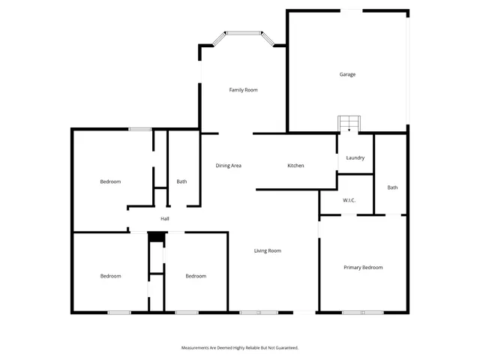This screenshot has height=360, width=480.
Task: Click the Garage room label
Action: (x=347, y=74)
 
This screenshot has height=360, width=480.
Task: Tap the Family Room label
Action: (x=243, y=90)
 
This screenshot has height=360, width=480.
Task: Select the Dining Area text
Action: (x=228, y=165)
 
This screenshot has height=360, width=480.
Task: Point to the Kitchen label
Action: (x=295, y=165)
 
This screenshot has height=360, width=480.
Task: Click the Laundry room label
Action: (x=355, y=157)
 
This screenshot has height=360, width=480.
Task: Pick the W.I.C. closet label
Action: (x=349, y=200)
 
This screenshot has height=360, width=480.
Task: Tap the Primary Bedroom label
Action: (x=363, y=268)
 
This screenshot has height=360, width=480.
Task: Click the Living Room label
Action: (x=267, y=250)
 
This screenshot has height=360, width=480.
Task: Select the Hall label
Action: (x=164, y=219)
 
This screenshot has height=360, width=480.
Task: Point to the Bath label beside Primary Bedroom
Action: (x=392, y=187)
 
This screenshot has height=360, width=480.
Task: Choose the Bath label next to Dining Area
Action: (x=181, y=181)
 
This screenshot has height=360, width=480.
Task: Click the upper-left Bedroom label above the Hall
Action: (x=110, y=181)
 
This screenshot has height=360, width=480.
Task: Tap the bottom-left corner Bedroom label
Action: (x=110, y=276)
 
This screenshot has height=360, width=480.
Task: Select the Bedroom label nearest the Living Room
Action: (x=196, y=276)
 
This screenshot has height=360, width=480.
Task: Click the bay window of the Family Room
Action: (x=244, y=33)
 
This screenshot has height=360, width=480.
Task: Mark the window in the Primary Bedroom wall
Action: (x=363, y=312)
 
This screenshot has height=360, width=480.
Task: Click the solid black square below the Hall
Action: (x=156, y=237)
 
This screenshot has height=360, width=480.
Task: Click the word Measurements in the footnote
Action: (x=196, y=348)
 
